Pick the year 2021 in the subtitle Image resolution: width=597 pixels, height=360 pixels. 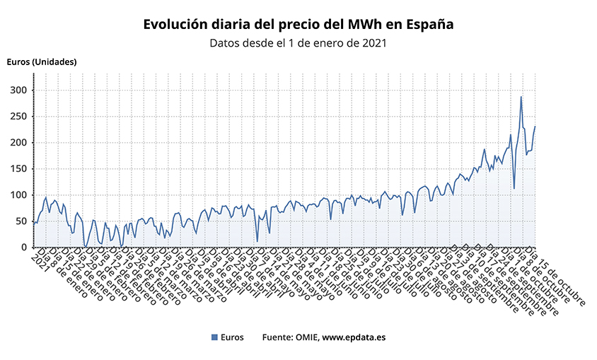372,43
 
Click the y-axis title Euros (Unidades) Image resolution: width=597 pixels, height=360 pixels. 42,62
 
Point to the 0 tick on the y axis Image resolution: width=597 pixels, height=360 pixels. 23,248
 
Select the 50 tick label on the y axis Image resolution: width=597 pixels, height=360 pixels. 21,221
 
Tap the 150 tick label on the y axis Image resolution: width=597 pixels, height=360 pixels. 18,169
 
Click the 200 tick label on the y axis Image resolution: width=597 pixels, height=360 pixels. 18,143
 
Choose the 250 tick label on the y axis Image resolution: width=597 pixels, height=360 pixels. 18,117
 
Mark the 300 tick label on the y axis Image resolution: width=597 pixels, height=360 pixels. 18,91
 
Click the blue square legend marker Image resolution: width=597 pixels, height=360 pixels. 214,337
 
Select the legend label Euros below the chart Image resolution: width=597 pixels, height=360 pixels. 233,337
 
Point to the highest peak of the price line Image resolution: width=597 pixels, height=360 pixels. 521,97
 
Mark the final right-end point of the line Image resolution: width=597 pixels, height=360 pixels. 535,127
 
